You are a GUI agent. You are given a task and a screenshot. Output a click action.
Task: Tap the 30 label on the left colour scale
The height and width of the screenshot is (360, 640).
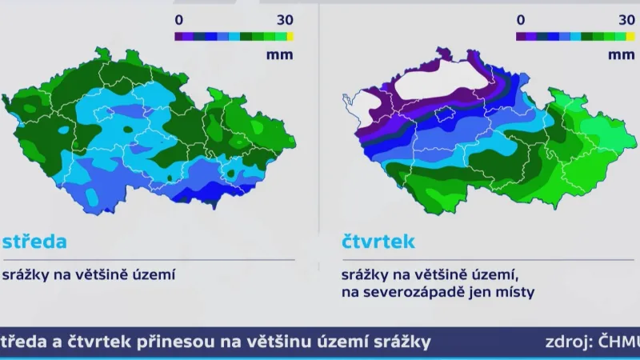285,18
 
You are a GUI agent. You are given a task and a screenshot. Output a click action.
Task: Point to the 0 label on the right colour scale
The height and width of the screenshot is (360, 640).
521,18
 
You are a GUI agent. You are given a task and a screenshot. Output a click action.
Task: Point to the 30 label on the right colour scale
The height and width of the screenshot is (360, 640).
627,18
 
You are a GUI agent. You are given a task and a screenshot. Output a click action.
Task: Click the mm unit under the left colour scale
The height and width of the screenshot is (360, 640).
282,55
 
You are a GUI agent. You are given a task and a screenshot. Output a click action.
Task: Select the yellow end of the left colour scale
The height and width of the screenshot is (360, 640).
290,36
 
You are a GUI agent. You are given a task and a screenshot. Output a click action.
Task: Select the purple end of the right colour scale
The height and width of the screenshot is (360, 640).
521,36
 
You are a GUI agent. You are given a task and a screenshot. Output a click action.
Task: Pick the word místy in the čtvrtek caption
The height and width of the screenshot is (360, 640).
510,293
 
